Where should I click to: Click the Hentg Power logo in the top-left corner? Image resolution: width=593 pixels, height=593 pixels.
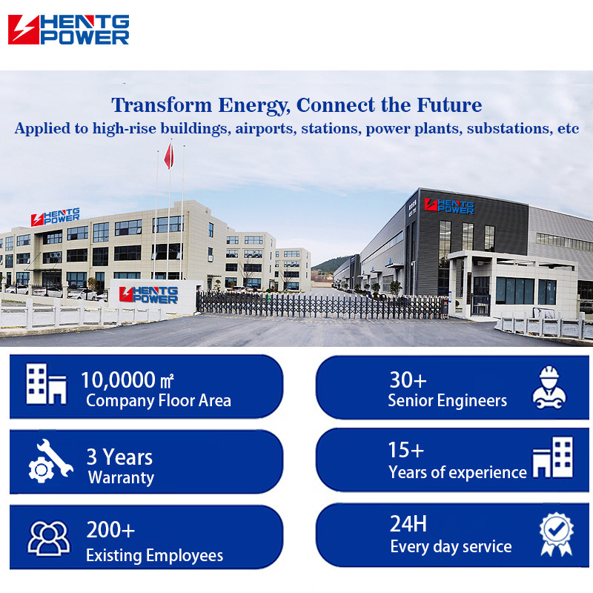pos(68,30)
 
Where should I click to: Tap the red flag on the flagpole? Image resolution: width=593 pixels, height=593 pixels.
pos(169,156)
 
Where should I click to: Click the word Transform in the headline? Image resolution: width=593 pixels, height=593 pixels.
pos(162,105)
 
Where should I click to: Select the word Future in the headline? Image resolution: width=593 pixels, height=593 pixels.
pos(449,105)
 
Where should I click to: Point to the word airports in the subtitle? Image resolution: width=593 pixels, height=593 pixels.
pos(265,128)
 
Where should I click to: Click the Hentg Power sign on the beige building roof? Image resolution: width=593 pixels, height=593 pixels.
pos(55,216)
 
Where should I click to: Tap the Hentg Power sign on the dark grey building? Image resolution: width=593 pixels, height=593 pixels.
pos(449,206)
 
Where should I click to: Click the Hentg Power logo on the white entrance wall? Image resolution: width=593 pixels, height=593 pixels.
pos(148,294)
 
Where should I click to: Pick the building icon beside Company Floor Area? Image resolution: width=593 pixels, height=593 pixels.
pos(46,384)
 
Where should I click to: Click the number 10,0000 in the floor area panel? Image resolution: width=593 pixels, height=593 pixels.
pos(118,380)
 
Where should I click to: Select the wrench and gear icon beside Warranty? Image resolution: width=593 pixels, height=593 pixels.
pos(50,460)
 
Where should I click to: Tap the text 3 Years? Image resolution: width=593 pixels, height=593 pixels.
pos(119,457)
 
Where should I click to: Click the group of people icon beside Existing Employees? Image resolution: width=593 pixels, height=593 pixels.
pos(49,538)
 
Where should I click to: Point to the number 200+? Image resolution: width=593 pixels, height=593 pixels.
pos(110,530)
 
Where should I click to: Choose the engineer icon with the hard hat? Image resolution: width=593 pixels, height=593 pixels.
pos(549,387)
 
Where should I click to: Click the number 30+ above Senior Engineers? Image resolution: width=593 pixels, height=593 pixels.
pos(408,380)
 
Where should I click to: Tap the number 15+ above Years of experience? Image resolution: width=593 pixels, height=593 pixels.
pos(406,450)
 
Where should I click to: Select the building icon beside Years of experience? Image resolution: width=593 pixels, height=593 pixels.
pos(552,457)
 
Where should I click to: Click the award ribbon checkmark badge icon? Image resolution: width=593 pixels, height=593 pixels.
pos(557,534)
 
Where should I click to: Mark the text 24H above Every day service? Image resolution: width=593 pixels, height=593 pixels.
pos(408,524)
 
